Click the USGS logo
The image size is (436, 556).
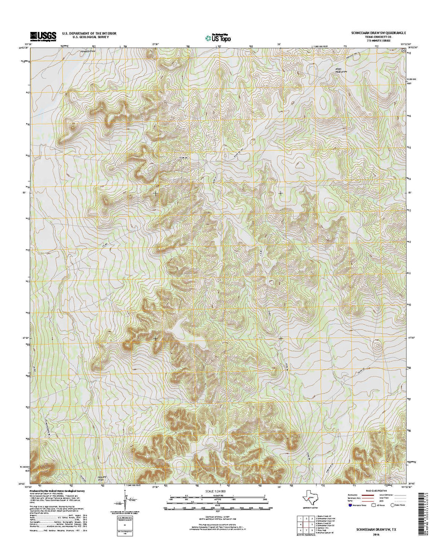(x=44, y=36)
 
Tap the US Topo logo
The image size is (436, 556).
(x=218, y=37)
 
